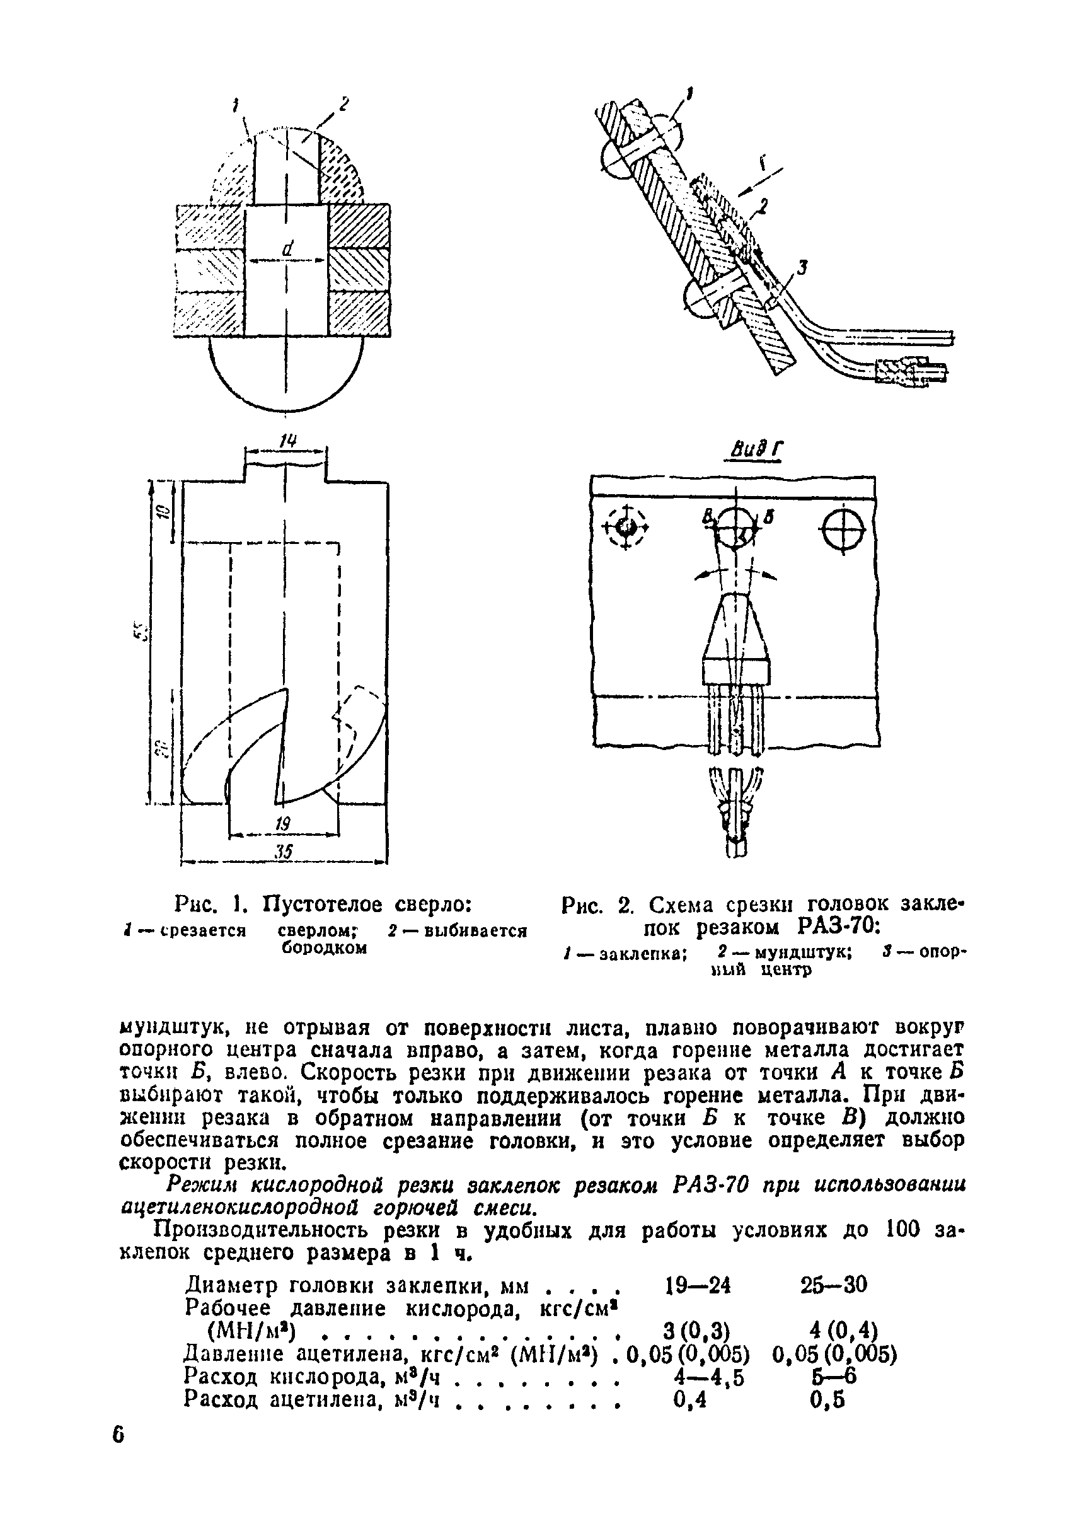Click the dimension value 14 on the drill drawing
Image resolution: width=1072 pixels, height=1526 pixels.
287,440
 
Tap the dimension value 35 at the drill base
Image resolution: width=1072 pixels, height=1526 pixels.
284,852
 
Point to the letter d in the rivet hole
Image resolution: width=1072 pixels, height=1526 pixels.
287,248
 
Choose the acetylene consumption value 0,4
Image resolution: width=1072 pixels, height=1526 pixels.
689,1401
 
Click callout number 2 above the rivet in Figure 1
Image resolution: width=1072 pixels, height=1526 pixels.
343,103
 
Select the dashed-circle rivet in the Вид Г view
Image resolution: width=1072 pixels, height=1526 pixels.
625,527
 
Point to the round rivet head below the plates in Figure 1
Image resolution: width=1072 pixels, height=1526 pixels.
287,374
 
